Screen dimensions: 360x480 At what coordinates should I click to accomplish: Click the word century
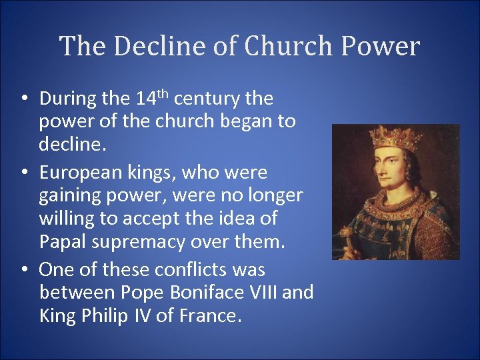click(207, 99)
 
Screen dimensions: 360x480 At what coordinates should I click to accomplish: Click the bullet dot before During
click(24, 99)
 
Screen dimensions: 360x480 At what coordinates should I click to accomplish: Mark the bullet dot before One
click(24, 270)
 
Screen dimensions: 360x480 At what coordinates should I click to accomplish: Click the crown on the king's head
click(396, 137)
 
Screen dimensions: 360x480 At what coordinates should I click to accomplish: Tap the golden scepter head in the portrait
click(348, 234)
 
